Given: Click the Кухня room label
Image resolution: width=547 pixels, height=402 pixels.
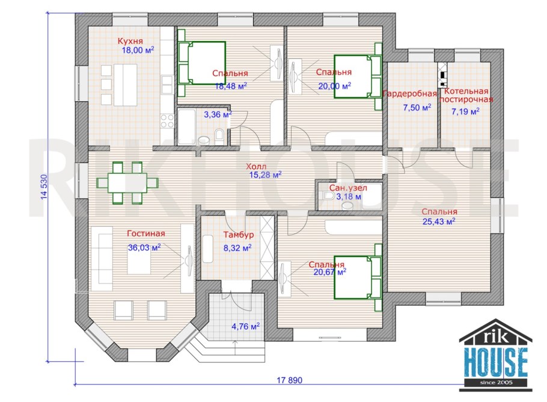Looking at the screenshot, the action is (x=130, y=41).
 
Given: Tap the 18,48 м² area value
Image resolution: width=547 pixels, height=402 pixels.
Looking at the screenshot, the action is (x=231, y=85).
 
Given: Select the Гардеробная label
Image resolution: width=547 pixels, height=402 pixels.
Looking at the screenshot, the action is (x=409, y=94).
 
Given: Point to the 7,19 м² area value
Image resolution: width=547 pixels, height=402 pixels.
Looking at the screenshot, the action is (x=465, y=111).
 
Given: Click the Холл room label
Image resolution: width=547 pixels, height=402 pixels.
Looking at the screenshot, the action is (x=256, y=166).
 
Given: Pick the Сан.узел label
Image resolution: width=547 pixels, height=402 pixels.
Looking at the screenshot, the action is (x=348, y=188).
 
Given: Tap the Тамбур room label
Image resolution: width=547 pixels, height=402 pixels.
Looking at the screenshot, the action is (x=239, y=235).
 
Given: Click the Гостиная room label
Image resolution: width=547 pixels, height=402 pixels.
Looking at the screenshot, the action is (x=146, y=233).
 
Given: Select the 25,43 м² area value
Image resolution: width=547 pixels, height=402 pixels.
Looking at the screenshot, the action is (x=439, y=221).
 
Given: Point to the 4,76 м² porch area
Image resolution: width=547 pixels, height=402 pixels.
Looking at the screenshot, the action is (x=246, y=327).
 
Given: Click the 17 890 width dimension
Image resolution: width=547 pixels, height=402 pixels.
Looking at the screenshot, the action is (x=290, y=380).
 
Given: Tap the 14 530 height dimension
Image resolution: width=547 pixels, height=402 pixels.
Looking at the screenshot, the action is (x=44, y=187).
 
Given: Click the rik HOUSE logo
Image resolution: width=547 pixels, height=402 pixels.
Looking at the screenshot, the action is (x=496, y=354).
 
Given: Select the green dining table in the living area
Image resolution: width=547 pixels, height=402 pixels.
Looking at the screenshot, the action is (x=127, y=182).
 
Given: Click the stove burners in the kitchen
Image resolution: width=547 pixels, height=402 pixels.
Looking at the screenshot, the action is (x=167, y=121).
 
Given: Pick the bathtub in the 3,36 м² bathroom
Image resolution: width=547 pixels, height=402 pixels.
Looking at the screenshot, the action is (x=186, y=126).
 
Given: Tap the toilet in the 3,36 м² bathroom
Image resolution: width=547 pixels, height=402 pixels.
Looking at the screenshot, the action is (x=219, y=137).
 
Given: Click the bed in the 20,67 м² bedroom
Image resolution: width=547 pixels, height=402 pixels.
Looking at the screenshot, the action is (x=358, y=277).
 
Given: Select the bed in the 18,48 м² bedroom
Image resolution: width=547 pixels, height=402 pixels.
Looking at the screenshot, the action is (x=201, y=63).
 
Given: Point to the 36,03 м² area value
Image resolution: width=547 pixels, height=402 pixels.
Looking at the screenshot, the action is (x=144, y=247).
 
